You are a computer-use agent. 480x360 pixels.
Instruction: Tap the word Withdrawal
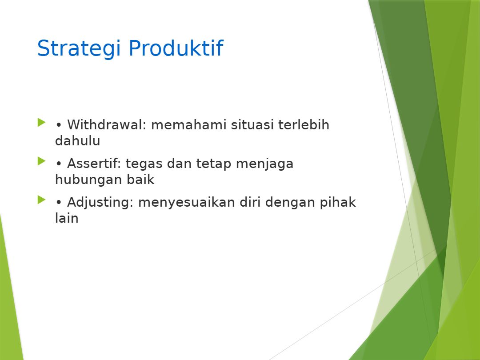click(x=107, y=124)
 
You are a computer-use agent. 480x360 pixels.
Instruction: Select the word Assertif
click(x=94, y=163)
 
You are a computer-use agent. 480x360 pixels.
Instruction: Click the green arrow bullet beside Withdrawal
click(x=41, y=123)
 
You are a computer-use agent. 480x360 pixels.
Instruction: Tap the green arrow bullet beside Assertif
click(x=41, y=161)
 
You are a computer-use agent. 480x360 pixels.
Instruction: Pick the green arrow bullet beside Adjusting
click(x=41, y=200)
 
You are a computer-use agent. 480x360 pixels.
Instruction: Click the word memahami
click(x=188, y=124)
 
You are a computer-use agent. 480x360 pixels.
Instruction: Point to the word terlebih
click(x=304, y=124)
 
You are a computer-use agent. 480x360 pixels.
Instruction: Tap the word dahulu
click(x=77, y=141)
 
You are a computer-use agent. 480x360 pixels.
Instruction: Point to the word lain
click(x=67, y=218)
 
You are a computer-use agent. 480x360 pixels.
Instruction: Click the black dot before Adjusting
click(x=59, y=202)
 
